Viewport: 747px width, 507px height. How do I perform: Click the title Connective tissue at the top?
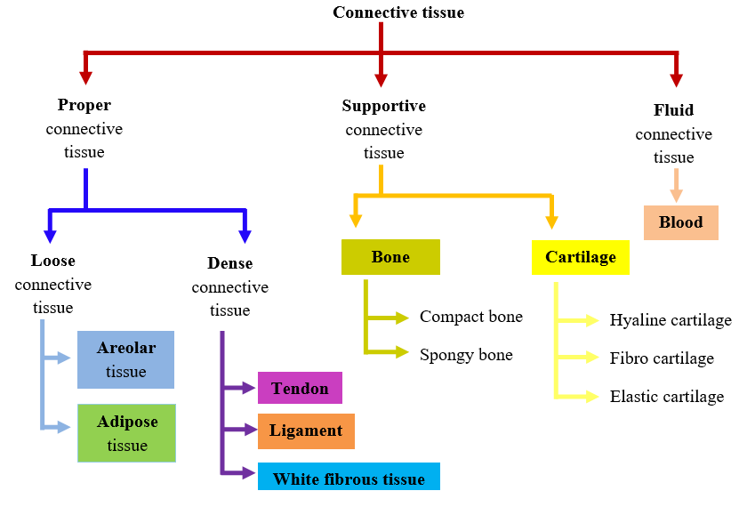398,12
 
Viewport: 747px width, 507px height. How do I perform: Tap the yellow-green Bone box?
390,257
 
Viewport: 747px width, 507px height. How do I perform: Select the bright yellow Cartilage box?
581,257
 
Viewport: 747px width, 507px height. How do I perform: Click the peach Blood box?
680,222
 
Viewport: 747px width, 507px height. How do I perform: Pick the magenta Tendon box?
300,388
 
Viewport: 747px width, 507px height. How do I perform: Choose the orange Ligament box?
306,431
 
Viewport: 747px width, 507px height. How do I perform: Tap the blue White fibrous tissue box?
349,479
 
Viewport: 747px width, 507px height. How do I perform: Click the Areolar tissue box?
125,359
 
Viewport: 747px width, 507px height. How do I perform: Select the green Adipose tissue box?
126,433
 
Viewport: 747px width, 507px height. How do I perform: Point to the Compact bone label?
471,317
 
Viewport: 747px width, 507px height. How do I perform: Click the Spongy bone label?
466,355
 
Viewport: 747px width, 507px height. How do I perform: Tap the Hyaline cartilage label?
671,320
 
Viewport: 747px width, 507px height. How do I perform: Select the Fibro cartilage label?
662,358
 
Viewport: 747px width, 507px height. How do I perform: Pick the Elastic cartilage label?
667,397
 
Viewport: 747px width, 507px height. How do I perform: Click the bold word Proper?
84,106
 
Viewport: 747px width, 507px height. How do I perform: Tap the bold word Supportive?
384,106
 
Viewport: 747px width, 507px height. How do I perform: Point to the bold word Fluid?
673,111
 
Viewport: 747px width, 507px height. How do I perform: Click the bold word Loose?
52,261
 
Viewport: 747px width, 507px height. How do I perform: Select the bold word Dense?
229,263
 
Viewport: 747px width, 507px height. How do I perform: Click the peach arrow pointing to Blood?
677,187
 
